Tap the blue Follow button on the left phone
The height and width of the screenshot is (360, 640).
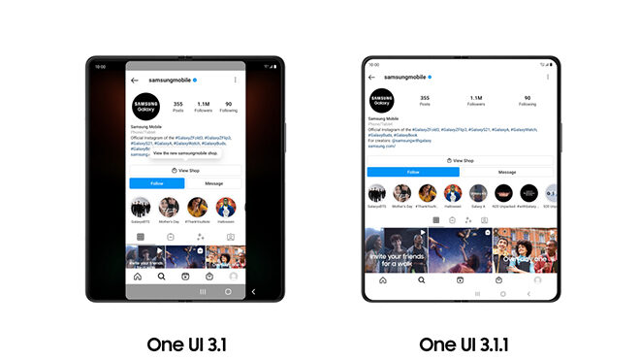click(x=156, y=182)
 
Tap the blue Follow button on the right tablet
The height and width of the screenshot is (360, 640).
click(x=413, y=172)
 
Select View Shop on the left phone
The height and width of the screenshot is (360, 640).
click(x=183, y=170)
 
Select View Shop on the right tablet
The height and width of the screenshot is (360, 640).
click(x=460, y=160)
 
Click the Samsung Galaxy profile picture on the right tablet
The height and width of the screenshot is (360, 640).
click(x=381, y=102)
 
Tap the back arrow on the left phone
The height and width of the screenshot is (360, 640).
click(x=135, y=80)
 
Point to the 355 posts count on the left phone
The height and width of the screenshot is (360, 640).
click(x=177, y=104)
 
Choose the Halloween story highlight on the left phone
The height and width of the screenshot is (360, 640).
click(x=225, y=208)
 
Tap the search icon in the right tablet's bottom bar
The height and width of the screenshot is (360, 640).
click(x=422, y=280)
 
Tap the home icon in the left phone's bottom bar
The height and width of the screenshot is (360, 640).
click(x=138, y=277)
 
